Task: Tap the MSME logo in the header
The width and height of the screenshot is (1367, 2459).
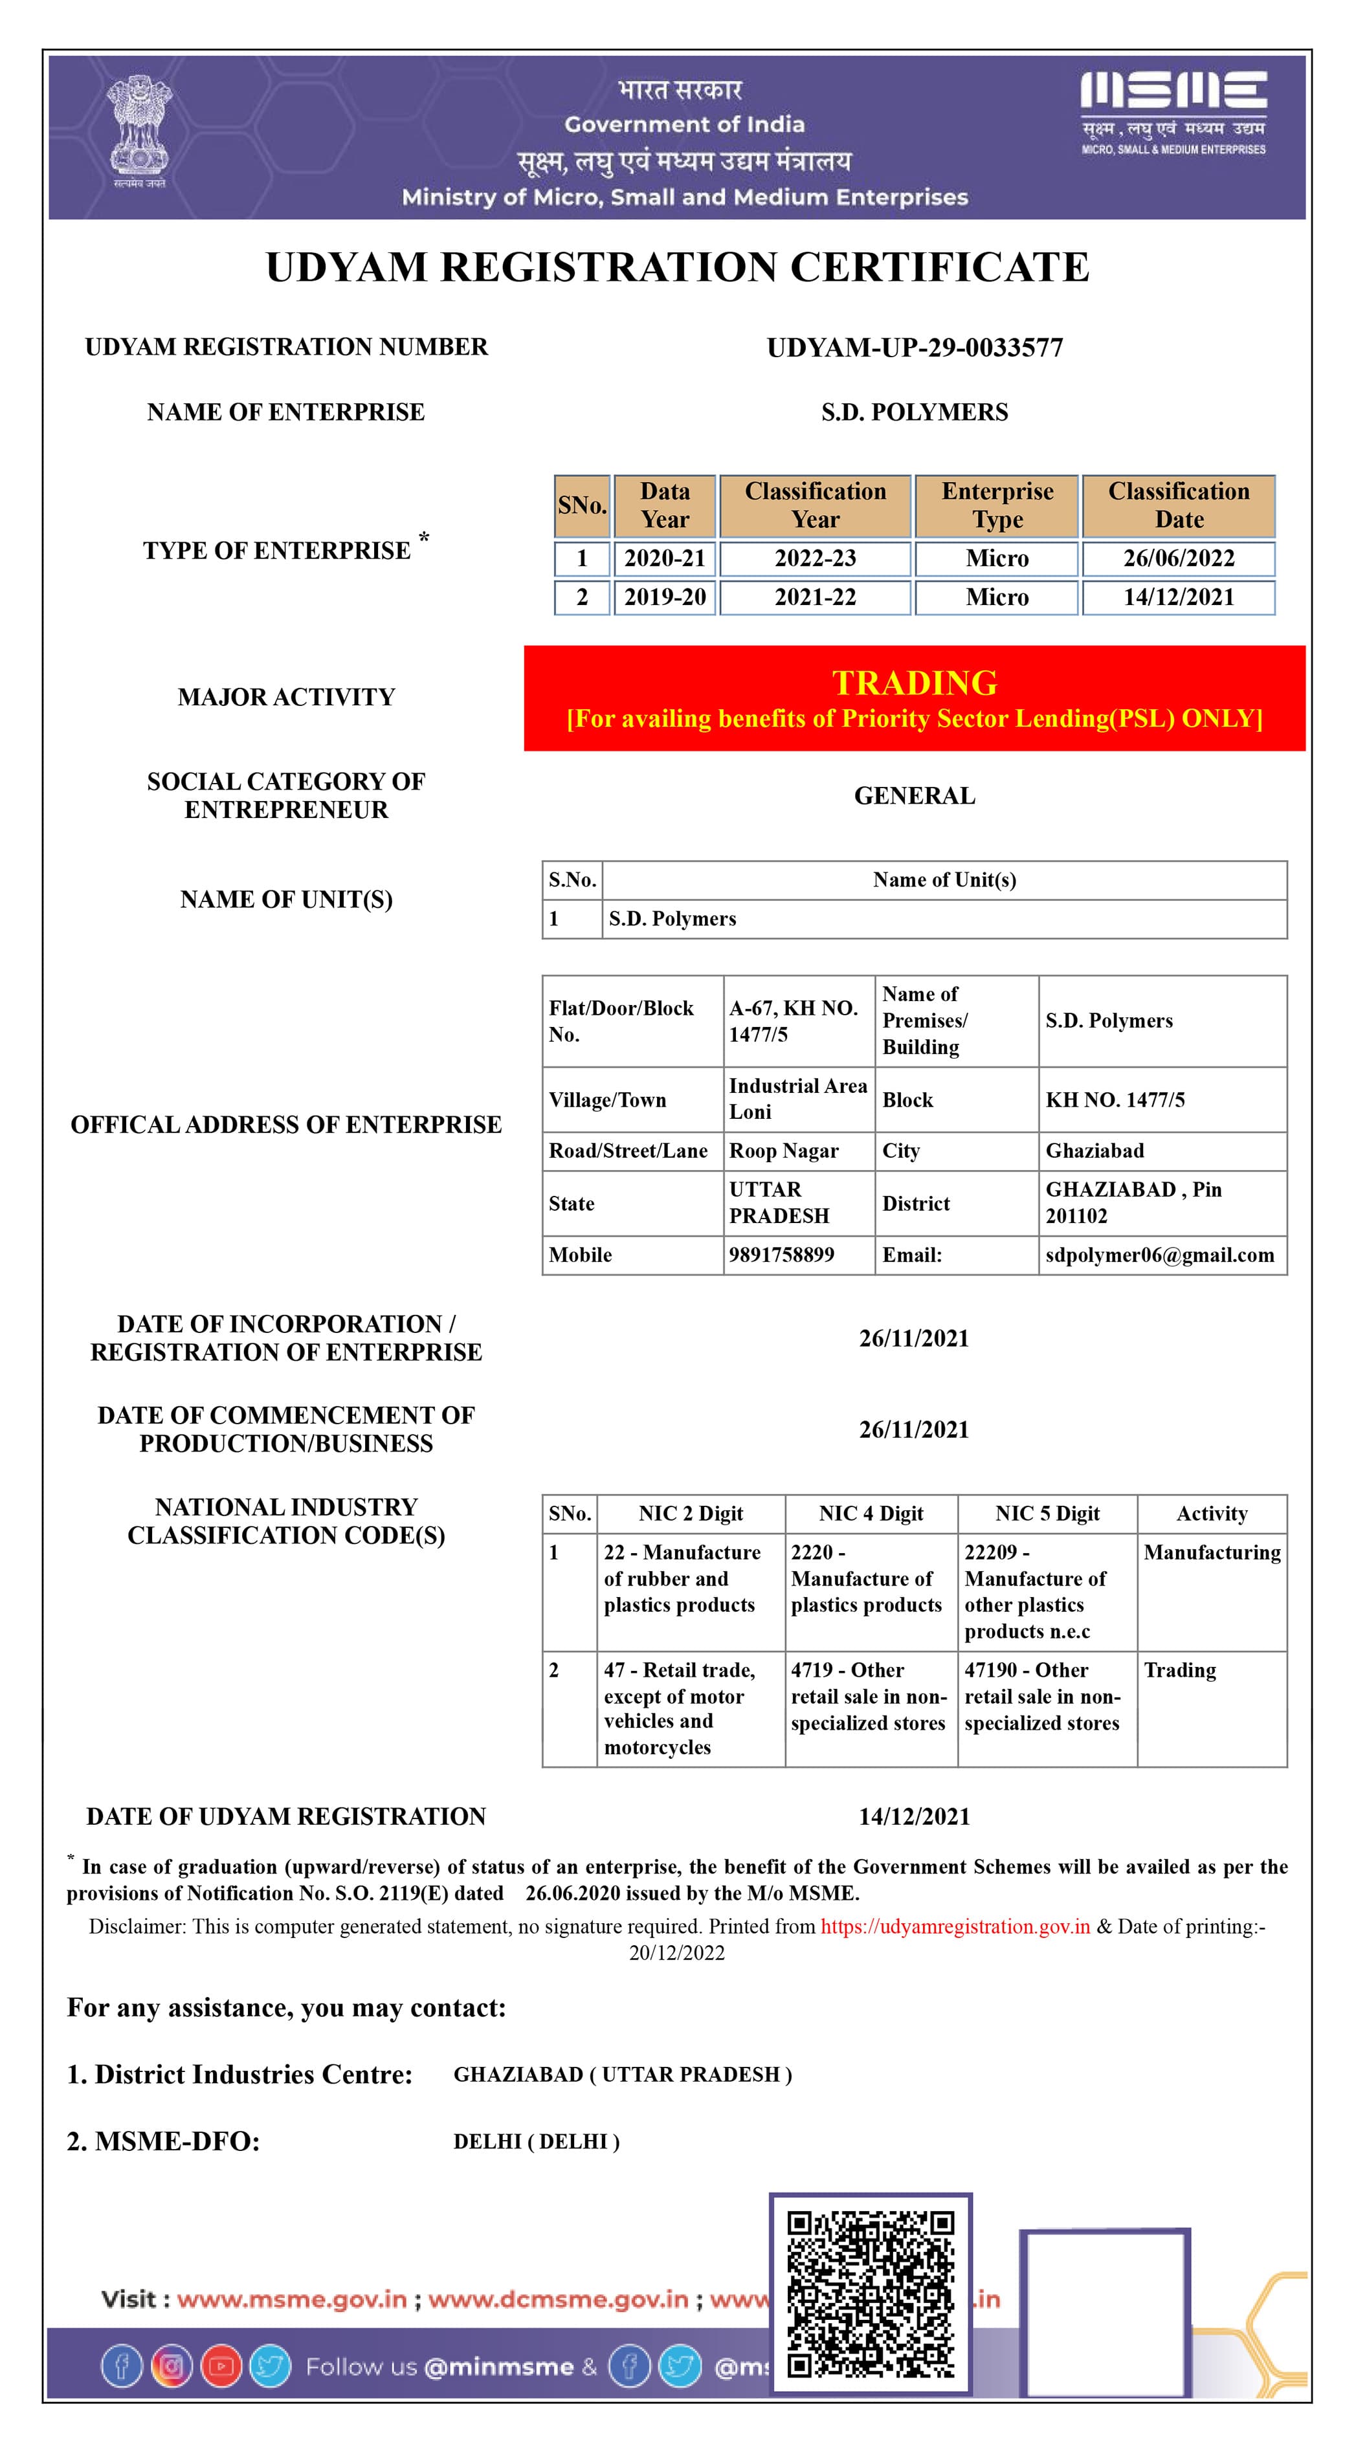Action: click(1173, 112)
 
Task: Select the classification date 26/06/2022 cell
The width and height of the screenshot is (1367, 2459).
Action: click(1178, 558)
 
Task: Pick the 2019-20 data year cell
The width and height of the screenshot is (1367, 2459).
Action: click(665, 597)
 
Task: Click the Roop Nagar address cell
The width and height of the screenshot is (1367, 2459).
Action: click(784, 1151)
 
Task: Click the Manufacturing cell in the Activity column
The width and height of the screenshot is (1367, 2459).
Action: click(1212, 1553)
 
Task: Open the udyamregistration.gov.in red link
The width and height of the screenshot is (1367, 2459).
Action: click(955, 1926)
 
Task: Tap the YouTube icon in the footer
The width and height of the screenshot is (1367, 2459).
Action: click(221, 2366)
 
